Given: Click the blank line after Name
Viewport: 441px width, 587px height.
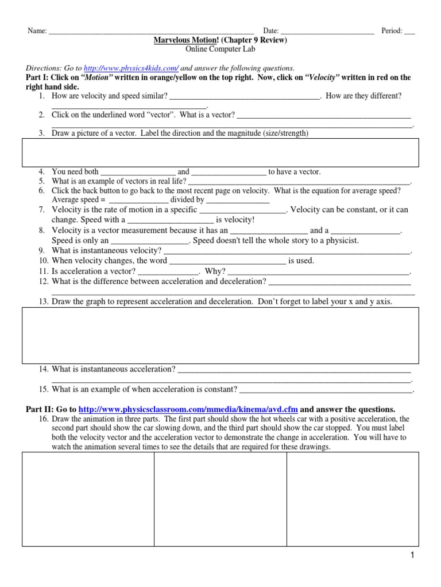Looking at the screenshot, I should pos(152,31).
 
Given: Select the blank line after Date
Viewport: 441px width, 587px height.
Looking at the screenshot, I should pos(327,31).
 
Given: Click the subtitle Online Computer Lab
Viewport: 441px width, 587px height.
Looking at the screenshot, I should pos(220,50).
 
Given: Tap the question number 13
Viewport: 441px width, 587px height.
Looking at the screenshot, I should pos(44,301).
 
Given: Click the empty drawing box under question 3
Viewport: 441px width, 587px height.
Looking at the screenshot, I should pos(220,152).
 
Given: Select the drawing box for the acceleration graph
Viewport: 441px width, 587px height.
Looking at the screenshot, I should pos(220,335).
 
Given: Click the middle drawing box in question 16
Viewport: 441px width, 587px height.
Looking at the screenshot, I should pos(220,499).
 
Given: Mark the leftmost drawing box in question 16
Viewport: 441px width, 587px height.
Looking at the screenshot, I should pos(88,499).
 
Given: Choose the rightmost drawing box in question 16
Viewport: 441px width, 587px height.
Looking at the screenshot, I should pos(353,499).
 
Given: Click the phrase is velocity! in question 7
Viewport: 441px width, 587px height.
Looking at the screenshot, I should pos(235,220).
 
